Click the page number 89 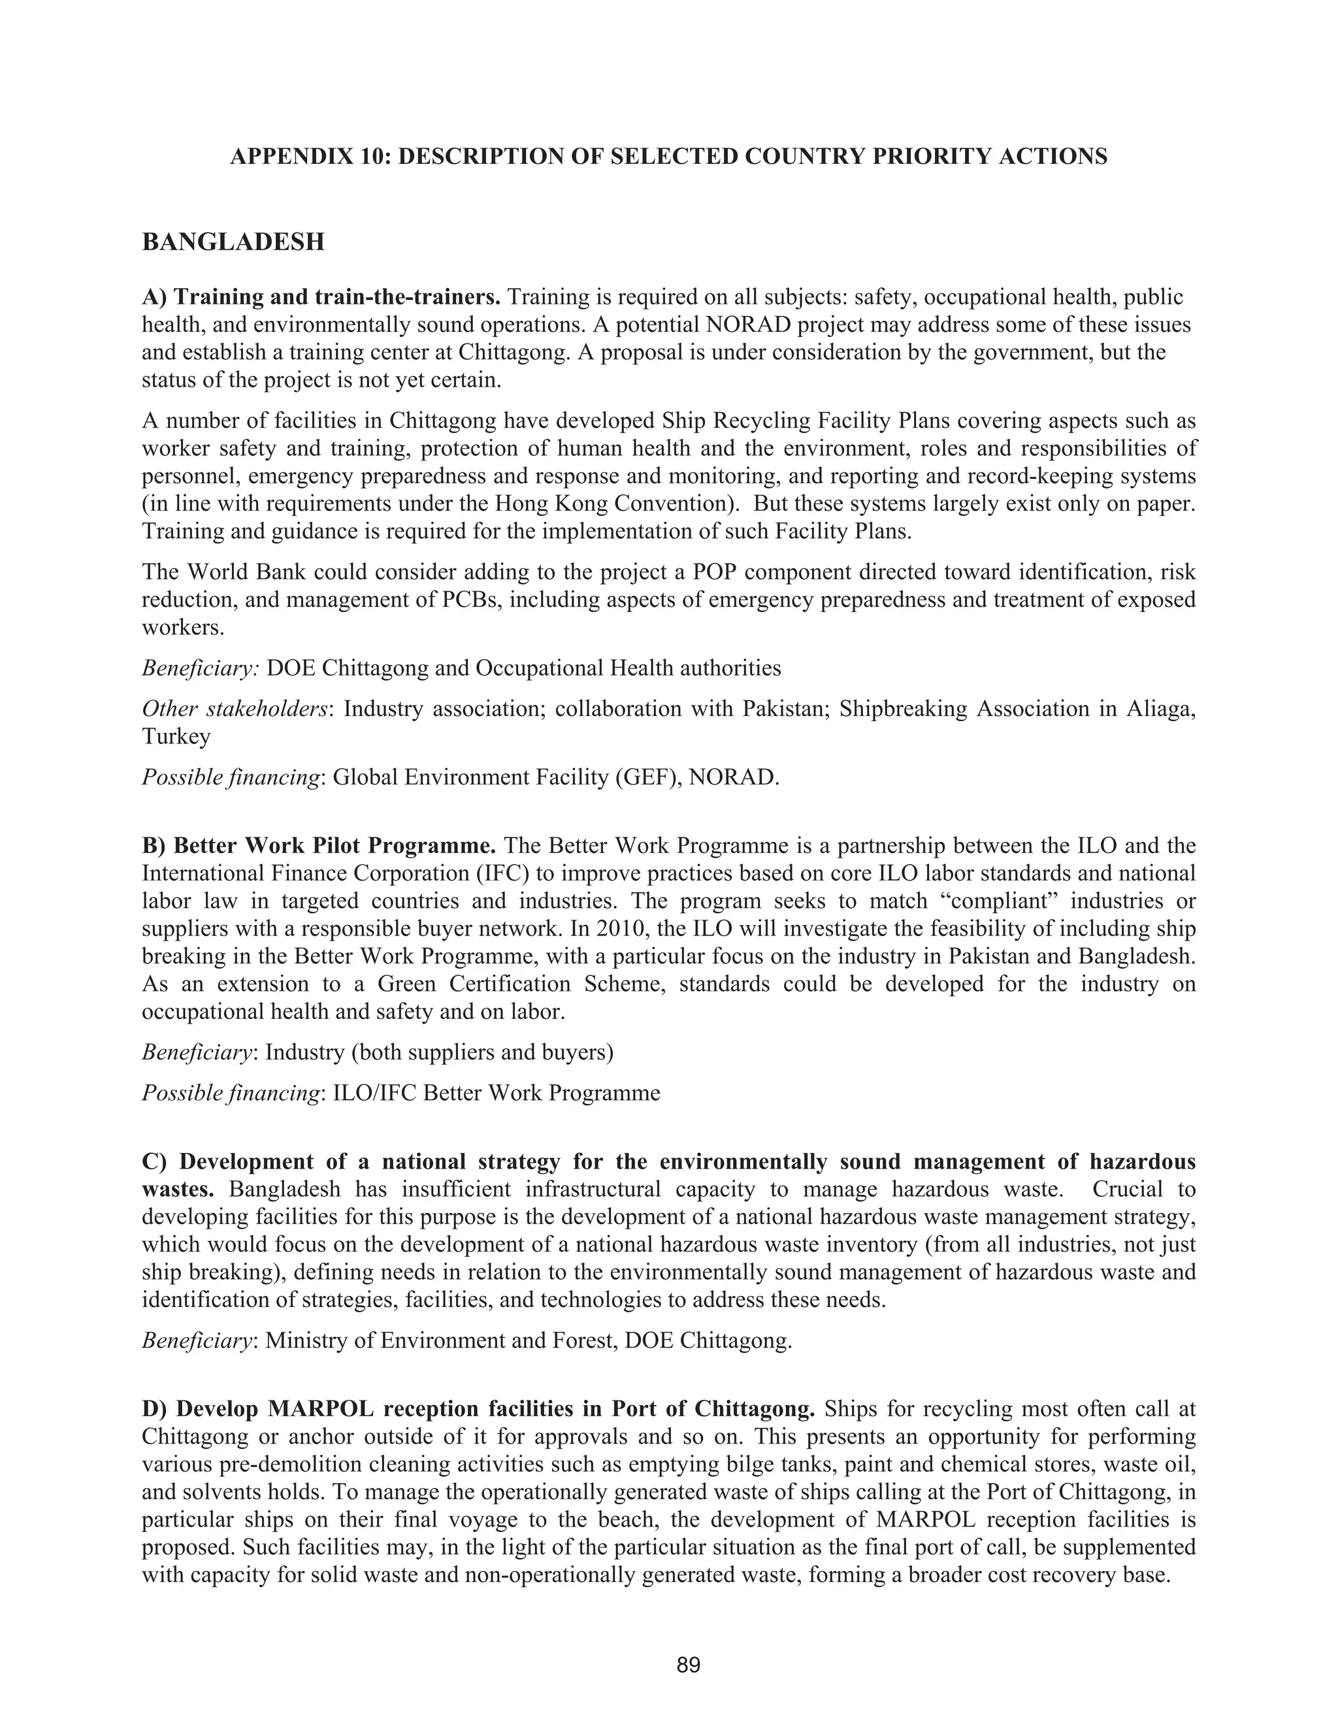click(x=688, y=1665)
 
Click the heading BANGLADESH click(x=233, y=242)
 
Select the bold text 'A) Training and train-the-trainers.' click(x=321, y=297)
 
